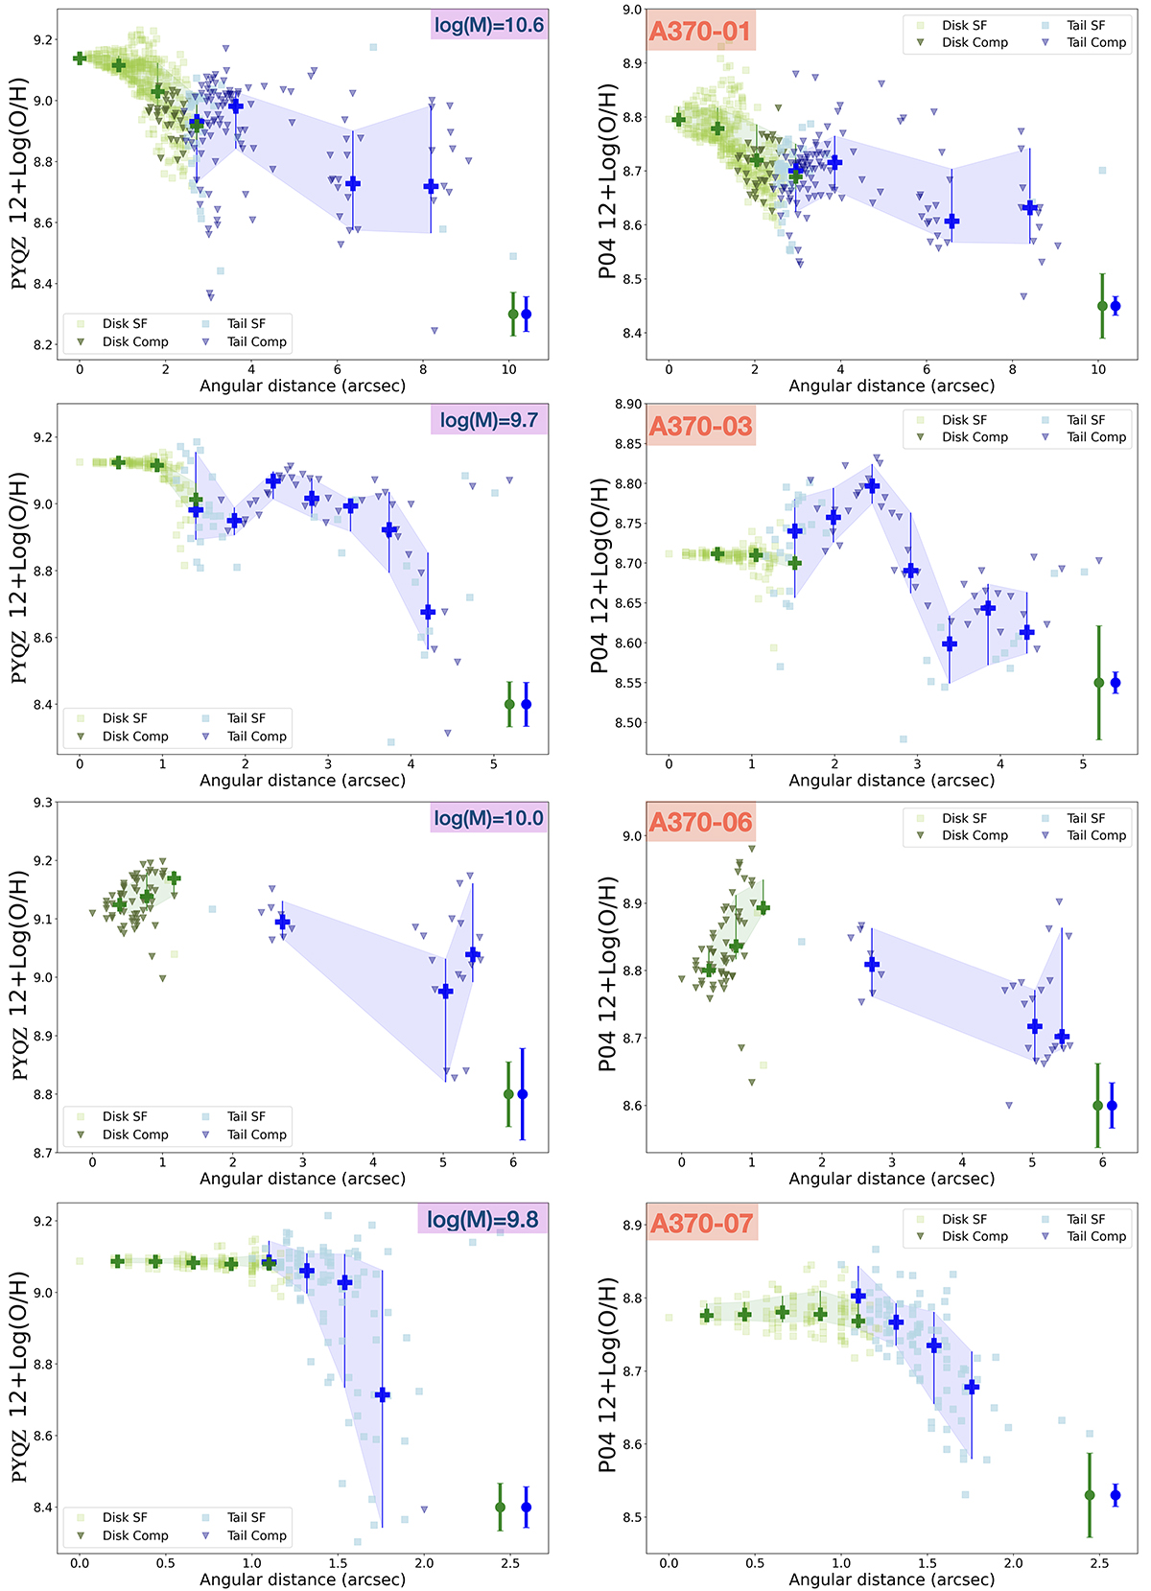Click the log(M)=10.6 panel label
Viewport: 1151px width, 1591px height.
pos(489,25)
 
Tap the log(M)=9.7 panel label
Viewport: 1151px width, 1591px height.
pos(489,420)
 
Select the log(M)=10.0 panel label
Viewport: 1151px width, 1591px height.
pos(489,818)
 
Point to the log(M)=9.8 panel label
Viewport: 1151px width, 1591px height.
pos(482,1219)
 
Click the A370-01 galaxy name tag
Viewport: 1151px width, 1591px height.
pos(700,31)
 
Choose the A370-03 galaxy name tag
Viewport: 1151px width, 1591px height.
pos(701,426)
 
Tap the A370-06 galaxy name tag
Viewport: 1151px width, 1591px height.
pos(701,823)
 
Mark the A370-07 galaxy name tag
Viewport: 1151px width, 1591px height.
pos(701,1224)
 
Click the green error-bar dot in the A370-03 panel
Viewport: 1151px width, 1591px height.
pos(1099,683)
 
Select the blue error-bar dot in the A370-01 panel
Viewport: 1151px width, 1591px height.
pos(1116,307)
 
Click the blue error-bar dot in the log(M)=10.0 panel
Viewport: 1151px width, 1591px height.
pos(523,1094)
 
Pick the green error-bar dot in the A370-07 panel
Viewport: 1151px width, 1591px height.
pos(1090,1495)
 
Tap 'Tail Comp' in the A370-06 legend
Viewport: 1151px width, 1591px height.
pos(1096,835)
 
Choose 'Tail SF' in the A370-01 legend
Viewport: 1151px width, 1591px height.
pos(1086,25)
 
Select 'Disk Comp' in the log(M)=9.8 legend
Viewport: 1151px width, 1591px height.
pos(135,1535)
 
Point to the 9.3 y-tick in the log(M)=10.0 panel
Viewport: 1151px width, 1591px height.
pos(41,802)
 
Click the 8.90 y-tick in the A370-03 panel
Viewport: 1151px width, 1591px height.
pos(628,405)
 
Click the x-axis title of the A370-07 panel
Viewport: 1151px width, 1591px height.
pos(891,1579)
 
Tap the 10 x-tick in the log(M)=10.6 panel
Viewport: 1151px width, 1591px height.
pos(509,369)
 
